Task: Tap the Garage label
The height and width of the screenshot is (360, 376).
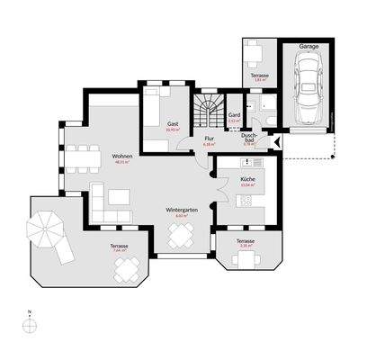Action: point(309,45)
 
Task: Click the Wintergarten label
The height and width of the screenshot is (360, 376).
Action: point(181,211)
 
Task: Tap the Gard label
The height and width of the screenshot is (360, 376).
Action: point(232,115)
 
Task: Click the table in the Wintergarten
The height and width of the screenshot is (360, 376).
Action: point(181,237)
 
